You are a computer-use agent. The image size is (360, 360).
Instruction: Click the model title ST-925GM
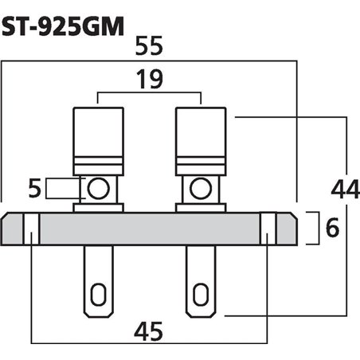(63, 27)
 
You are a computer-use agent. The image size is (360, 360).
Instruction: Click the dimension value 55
(150, 49)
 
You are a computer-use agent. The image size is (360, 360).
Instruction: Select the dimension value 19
(150, 80)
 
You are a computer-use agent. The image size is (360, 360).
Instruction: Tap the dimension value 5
(33, 189)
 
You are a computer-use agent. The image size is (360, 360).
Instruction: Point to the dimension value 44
(344, 190)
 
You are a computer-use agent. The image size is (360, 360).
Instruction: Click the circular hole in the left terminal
(98, 190)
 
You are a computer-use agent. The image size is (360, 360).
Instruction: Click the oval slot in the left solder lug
(98, 294)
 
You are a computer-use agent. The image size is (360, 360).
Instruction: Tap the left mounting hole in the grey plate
(29, 229)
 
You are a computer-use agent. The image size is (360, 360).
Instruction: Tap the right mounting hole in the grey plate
(268, 229)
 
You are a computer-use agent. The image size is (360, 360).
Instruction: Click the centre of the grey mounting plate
(150, 229)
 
